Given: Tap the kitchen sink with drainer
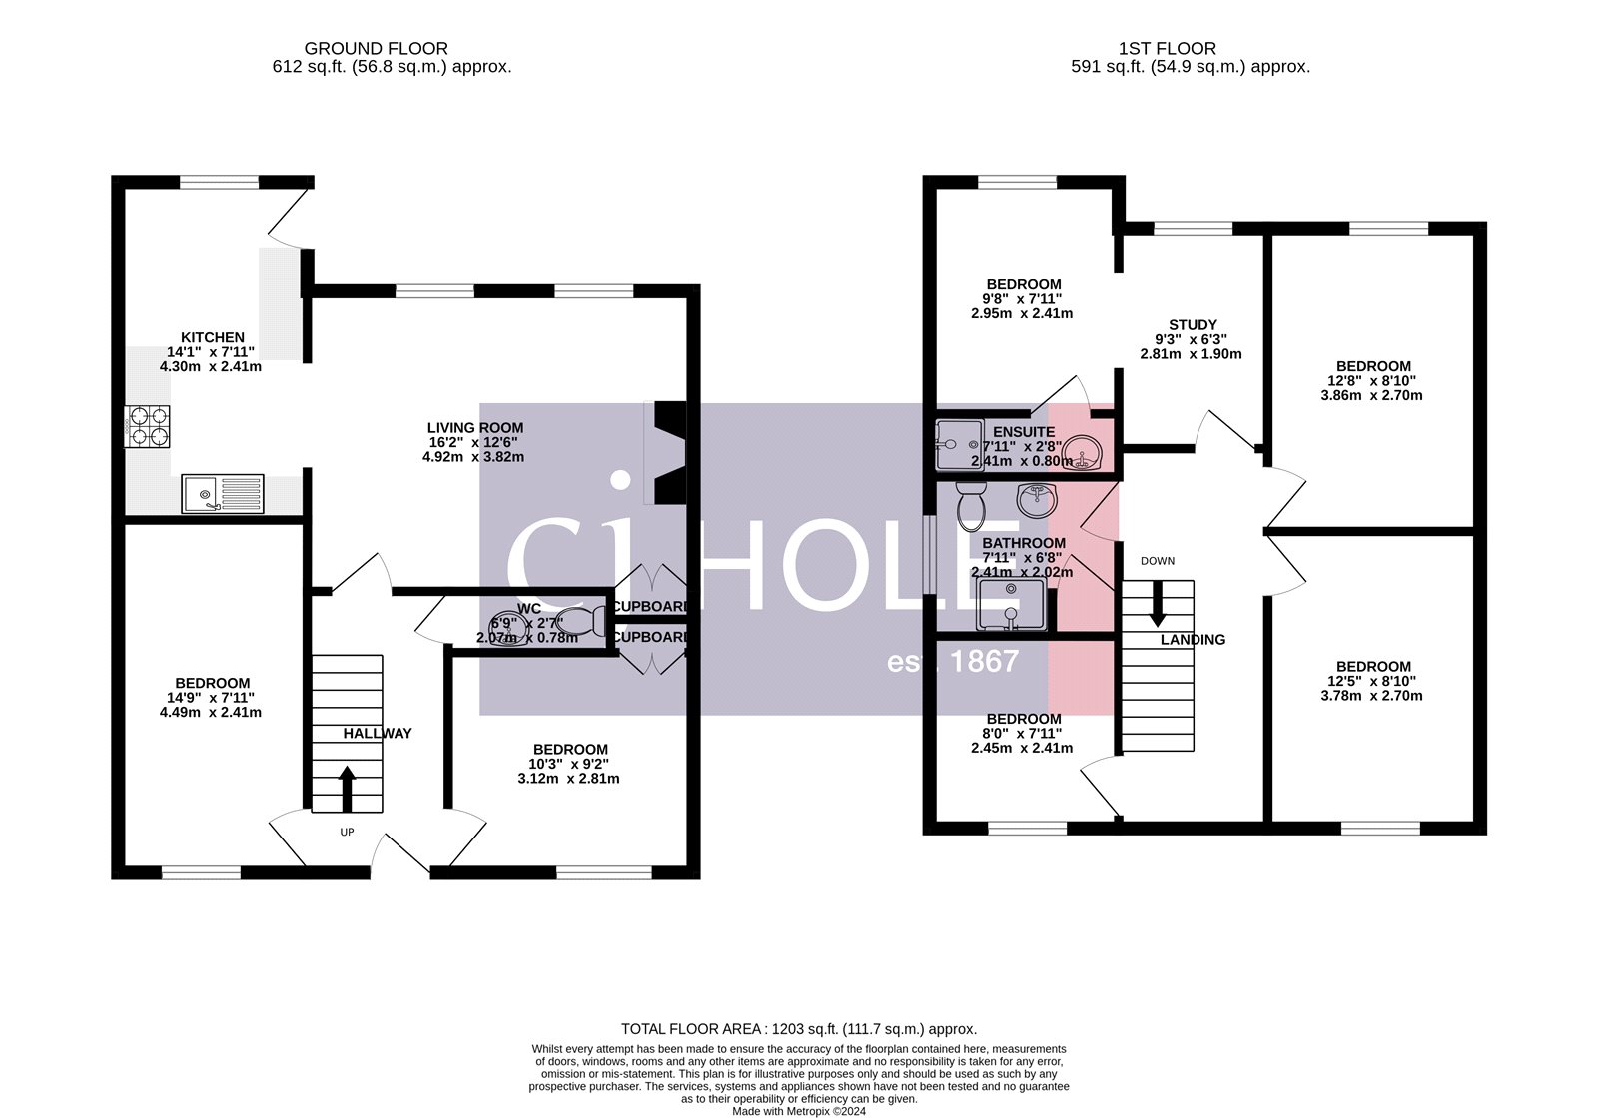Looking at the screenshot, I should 223,493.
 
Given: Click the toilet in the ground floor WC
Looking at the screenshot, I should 583,622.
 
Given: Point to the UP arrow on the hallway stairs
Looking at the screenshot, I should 347,788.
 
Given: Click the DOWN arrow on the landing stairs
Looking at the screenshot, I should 1158,603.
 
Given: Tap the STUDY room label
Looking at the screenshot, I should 1193,325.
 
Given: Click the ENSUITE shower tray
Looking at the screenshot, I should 959,444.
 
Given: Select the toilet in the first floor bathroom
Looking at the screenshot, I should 970,507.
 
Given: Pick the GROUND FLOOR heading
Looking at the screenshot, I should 376,48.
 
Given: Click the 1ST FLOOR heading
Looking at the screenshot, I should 1167,48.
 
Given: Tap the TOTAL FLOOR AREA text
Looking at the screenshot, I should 798,1028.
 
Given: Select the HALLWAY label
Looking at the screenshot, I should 378,733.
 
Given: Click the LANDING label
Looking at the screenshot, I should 1193,640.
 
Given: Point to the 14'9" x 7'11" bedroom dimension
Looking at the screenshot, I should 210,698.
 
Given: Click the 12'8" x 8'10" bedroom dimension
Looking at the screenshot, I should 1372,380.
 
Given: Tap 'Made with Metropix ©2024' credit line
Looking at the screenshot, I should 799,1110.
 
